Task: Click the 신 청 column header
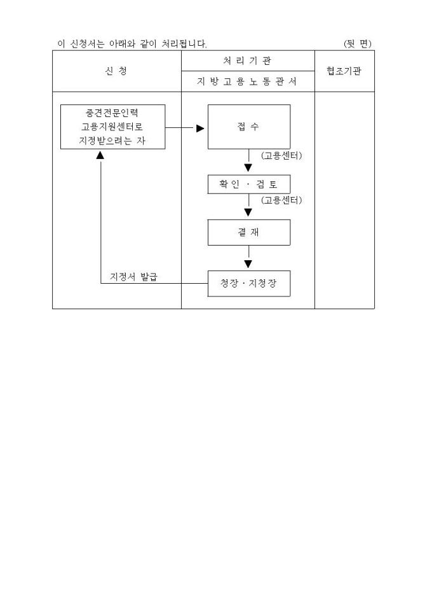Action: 116,71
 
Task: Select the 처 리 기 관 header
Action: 248,60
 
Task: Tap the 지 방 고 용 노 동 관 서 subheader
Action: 248,82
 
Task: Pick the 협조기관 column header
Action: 344,71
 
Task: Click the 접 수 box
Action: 248,127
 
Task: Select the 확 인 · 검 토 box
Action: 248,184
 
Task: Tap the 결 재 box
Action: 248,232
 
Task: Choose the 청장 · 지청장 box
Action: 248,284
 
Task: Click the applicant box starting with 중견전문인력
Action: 112,127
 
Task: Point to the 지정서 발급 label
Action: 134,277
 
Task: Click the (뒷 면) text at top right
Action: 357,43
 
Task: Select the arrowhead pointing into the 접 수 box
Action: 200,128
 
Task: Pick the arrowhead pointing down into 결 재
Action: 248,214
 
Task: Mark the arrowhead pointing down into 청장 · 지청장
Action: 248,264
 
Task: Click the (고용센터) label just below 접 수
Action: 281,155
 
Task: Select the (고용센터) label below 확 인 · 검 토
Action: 281,200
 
